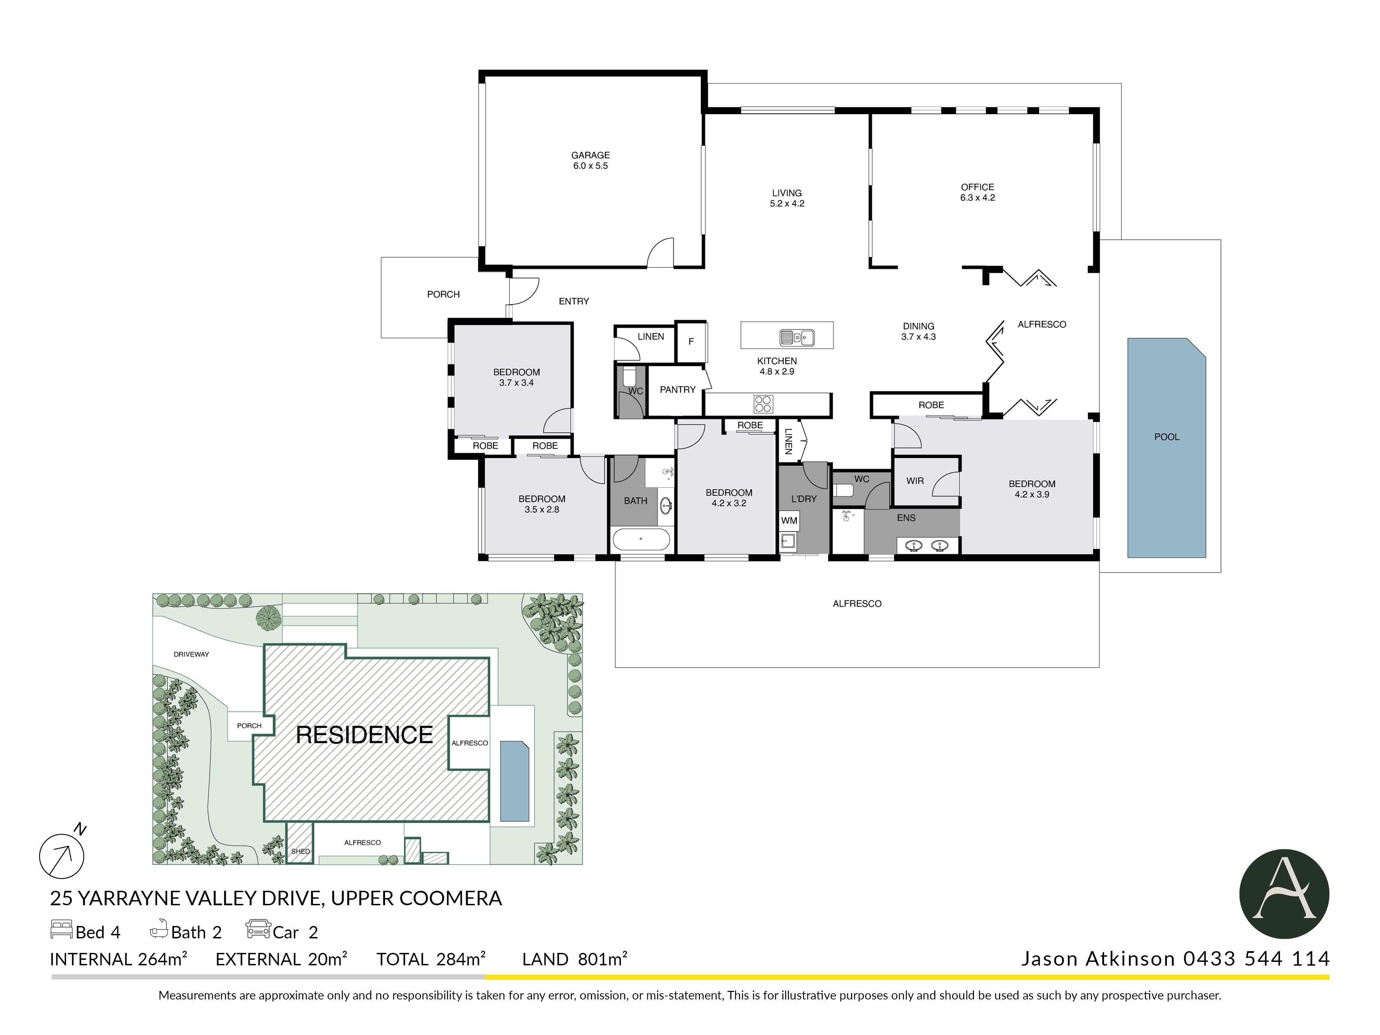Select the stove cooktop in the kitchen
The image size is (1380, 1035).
point(763,404)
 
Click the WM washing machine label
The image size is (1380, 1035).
point(789,520)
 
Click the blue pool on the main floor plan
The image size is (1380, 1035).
point(1166,447)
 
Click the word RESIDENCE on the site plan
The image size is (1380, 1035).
point(364,735)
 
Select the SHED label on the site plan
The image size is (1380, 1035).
point(300,851)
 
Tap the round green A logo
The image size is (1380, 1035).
point(1284,894)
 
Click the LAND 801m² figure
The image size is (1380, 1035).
point(574,959)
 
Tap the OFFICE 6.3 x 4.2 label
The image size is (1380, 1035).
point(978,192)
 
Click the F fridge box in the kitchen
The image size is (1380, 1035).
point(691,341)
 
